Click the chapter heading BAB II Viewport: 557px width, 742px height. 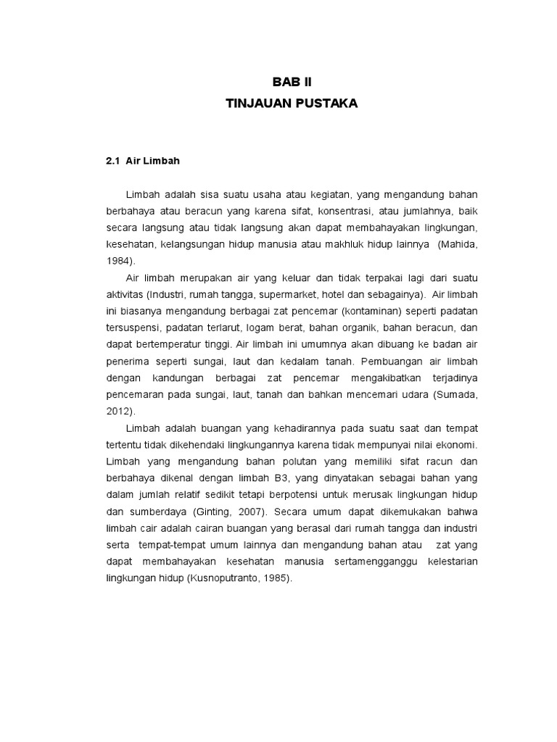292,82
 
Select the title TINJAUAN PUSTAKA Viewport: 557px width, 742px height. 292,104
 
